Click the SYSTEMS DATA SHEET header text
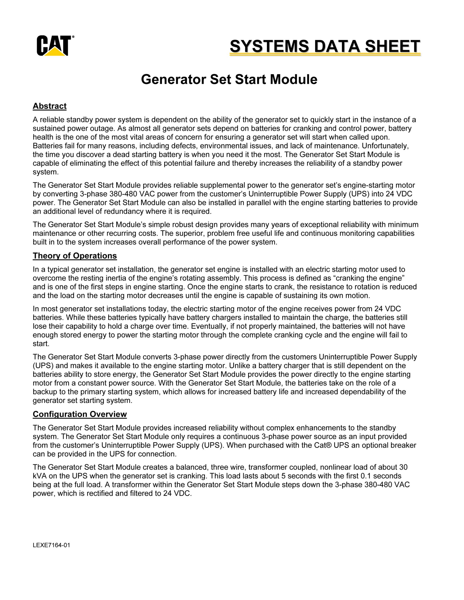coord(325,46)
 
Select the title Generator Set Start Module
coord(229,79)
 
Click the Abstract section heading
coord(49,106)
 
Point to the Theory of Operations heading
coord(75,256)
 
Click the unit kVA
coord(40,476)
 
